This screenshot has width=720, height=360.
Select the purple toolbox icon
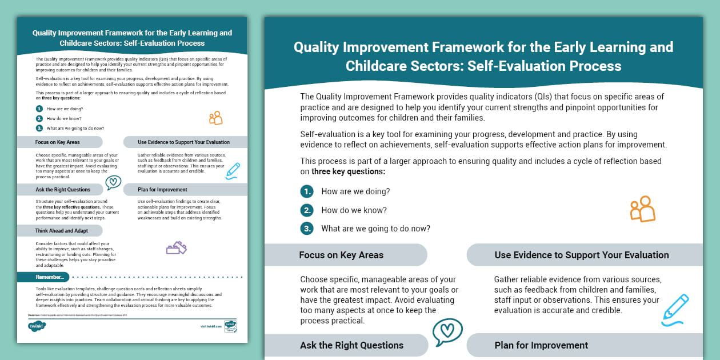tap(176, 248)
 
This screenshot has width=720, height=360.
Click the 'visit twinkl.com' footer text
tap(210, 327)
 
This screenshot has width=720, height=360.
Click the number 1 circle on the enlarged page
tap(307, 191)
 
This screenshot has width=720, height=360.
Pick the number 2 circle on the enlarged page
tap(307, 210)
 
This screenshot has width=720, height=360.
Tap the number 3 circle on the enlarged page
tap(307, 229)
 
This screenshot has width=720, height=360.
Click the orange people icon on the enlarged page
tap(642, 209)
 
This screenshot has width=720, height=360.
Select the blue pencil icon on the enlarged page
tap(675, 309)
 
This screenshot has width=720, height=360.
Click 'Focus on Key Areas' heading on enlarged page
tap(341, 255)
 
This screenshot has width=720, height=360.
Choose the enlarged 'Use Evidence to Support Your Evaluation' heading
tap(581, 255)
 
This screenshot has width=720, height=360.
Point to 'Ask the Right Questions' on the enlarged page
tap(351, 345)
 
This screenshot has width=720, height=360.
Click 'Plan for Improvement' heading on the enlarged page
tap(541, 345)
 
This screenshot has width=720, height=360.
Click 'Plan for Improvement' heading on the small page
tap(162, 190)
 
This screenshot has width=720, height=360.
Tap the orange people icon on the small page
tap(215, 118)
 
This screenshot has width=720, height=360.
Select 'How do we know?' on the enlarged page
tap(354, 210)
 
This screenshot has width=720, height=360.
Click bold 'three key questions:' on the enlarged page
tap(348, 171)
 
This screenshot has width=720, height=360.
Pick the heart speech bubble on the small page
tap(113, 182)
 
